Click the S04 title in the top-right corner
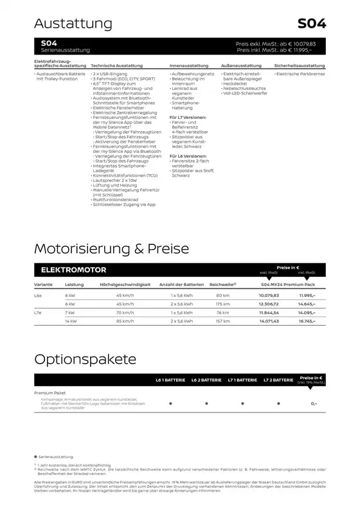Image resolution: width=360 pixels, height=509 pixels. click(x=312, y=24)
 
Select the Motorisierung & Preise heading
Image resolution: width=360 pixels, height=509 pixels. click(x=111, y=248)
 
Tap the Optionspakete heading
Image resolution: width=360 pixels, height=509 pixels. click(x=85, y=359)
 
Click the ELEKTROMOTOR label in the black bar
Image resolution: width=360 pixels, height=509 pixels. click(x=74, y=270)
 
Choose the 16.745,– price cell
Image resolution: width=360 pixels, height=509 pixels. click(x=305, y=320)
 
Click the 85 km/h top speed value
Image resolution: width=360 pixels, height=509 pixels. click(x=124, y=320)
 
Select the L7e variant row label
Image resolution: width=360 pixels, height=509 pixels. click(x=40, y=312)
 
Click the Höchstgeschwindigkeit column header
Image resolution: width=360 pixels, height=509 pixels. click(x=125, y=284)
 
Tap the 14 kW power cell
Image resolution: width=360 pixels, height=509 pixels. click(x=71, y=320)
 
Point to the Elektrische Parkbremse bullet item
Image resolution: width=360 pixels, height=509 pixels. click(x=301, y=75)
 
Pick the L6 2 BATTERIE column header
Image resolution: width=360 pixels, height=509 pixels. click(x=206, y=380)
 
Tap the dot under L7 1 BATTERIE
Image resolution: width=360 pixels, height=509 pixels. click(x=242, y=403)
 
